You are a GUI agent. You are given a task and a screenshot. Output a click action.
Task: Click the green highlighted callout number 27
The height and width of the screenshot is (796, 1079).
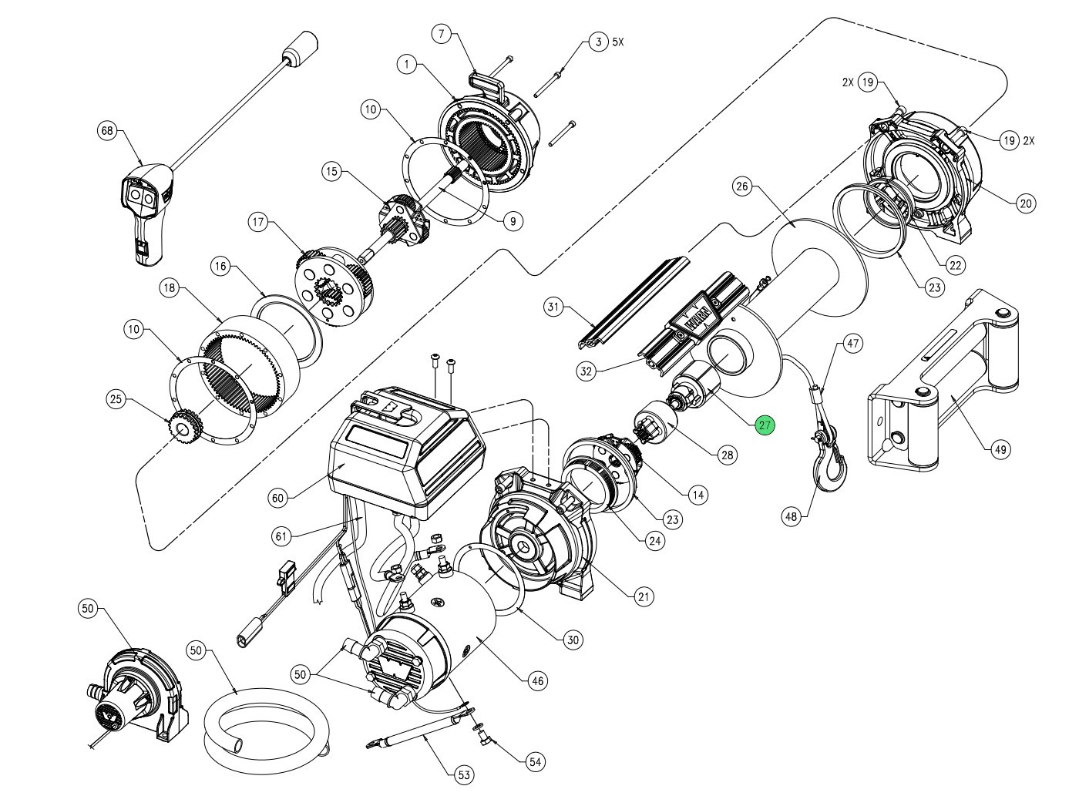coord(765,425)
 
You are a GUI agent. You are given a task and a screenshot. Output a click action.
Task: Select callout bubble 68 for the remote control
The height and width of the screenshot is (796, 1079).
coord(107,131)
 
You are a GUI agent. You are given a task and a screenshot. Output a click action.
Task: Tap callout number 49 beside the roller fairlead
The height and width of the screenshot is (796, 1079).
coord(1000,449)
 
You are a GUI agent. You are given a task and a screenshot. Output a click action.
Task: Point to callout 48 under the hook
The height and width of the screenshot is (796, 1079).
coord(792,516)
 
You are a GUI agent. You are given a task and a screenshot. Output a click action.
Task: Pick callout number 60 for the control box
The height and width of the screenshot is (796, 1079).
coord(278,498)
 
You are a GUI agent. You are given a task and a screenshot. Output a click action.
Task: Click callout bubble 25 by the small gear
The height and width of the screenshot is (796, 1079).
coord(116,399)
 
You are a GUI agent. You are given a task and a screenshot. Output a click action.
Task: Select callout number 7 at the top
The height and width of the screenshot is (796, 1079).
coord(442,34)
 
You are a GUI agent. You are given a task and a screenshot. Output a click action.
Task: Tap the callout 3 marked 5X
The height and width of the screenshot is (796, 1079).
coord(598,42)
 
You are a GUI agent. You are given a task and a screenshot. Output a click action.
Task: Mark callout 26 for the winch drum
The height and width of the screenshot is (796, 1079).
coord(742,186)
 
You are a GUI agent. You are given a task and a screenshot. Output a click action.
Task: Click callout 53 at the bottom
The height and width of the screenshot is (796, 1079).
coord(464,774)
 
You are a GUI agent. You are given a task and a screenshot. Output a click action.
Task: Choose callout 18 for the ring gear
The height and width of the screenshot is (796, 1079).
coord(170,287)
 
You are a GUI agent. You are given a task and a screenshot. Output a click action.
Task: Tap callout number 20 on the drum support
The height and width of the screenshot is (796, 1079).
coord(1025,203)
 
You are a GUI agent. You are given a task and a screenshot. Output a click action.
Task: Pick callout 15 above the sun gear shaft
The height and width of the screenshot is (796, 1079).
coord(331,172)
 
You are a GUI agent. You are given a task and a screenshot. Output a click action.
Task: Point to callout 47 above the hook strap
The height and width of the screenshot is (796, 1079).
coord(852,343)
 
